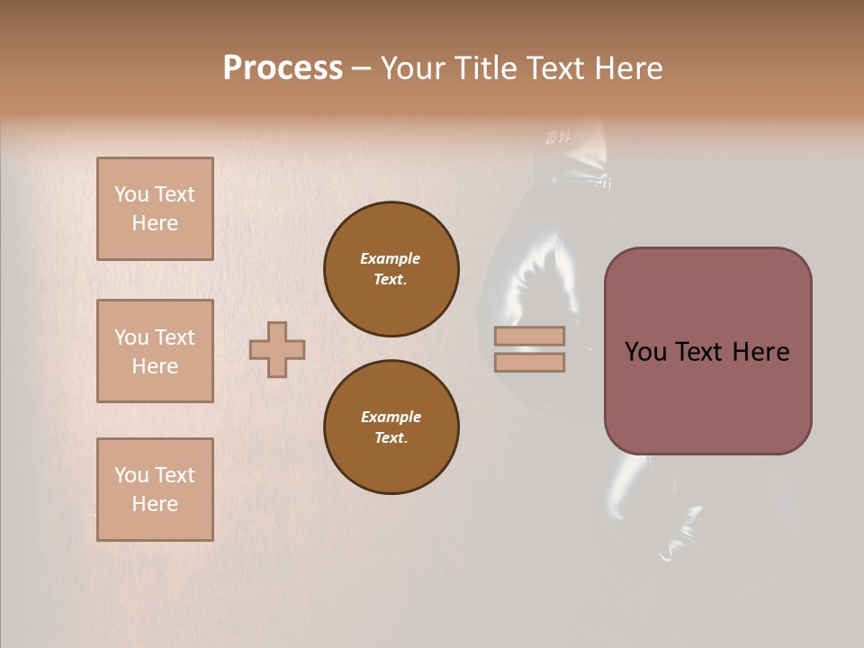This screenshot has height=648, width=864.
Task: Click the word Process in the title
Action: click(x=283, y=67)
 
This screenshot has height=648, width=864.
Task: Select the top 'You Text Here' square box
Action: click(x=155, y=209)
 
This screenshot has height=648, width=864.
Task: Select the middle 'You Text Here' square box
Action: click(x=155, y=351)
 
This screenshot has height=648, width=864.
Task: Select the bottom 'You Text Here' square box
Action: click(x=155, y=490)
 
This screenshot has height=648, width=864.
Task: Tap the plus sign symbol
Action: click(x=277, y=349)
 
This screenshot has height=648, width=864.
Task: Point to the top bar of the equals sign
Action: click(x=529, y=336)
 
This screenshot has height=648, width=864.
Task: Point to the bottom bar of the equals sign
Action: click(x=529, y=362)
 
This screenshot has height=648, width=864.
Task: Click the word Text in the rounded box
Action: click(x=707, y=352)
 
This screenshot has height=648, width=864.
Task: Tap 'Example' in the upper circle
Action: click(x=391, y=258)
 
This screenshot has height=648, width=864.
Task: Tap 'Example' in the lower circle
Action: click(x=391, y=417)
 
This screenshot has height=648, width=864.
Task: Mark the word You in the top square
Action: click(x=131, y=194)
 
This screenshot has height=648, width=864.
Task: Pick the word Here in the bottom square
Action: click(x=155, y=504)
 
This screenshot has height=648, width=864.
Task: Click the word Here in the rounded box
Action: click(x=760, y=352)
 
